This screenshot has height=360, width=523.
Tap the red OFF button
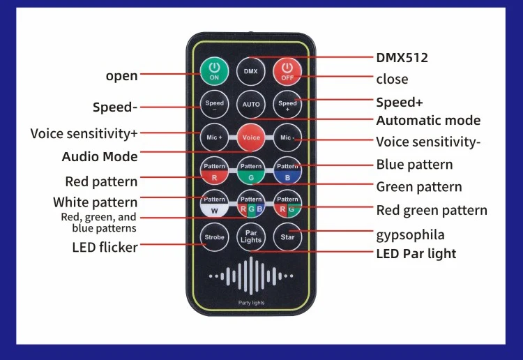pos(287,71)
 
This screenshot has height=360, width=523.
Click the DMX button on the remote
pos(250,71)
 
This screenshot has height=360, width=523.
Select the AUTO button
pos(250,104)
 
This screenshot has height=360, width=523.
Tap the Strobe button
pos(214,237)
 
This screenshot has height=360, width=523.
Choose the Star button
pos(287,237)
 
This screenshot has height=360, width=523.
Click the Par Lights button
pos(250,237)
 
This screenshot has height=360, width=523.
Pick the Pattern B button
pos(287,171)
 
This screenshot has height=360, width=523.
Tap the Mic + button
pos(214,137)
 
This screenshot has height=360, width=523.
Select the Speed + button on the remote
pos(287,104)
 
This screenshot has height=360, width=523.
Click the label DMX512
pos(402,57)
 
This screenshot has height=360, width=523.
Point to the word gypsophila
pos(410,234)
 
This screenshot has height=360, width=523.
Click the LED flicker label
pos(105,247)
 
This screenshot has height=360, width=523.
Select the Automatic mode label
pos(428,121)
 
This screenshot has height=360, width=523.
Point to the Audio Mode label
pos(100,156)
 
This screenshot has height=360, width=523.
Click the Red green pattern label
pos(432,210)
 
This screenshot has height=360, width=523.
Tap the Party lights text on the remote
pos(250,303)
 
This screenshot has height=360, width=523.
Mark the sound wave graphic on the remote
pos(250,277)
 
